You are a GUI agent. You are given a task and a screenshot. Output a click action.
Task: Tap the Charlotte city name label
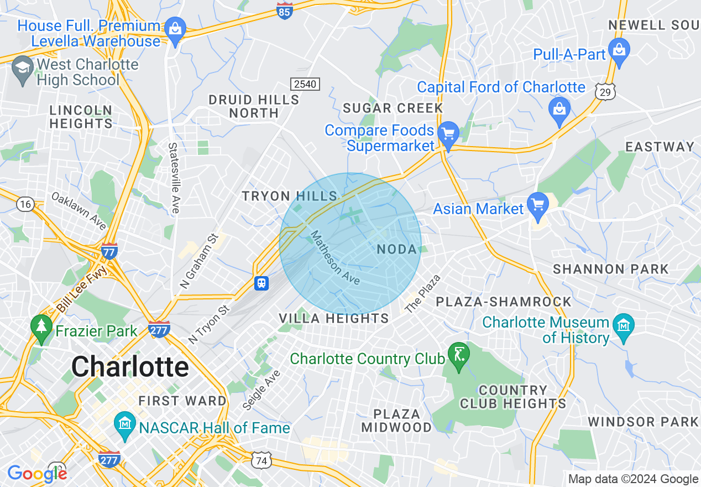point(130,367)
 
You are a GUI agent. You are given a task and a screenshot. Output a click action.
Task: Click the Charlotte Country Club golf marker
point(458,352)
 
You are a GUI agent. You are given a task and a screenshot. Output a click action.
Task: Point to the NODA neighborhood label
point(396,250)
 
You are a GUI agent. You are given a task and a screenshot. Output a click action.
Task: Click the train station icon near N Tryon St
point(261,283)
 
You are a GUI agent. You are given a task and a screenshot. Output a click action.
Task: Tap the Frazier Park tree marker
point(41,325)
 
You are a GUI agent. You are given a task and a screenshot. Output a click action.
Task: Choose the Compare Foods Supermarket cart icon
point(448,134)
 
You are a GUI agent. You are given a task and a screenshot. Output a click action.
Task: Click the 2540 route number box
point(305,84)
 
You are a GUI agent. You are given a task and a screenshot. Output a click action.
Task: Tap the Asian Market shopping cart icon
point(537,204)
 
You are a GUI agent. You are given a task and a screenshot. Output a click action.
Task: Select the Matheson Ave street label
point(334,258)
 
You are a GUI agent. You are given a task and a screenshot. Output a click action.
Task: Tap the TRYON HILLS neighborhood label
point(290,196)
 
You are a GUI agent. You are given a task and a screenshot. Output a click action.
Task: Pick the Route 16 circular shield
point(24,204)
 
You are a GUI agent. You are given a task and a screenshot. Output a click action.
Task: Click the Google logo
point(37,474)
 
